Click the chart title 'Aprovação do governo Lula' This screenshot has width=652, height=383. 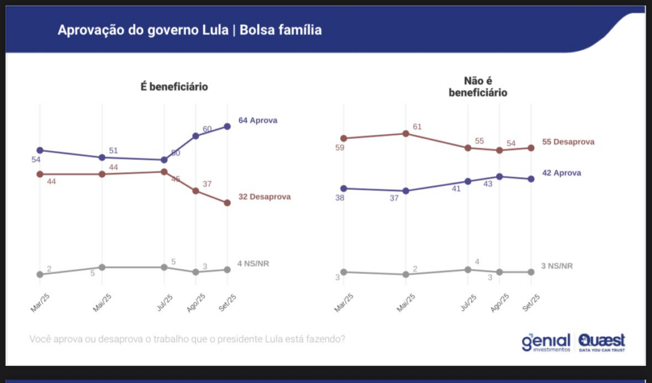tap(141, 30)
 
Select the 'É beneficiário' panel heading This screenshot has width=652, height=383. tap(174, 87)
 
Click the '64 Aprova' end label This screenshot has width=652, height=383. tap(258, 120)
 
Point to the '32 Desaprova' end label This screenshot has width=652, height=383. tap(264, 197)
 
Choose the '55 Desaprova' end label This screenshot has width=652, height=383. tap(568, 142)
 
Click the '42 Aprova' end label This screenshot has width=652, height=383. tap(562, 173)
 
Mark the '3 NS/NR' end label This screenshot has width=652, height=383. tap(557, 266)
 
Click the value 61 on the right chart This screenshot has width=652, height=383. tap(418, 126)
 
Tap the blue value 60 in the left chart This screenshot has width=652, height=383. tap(207, 129)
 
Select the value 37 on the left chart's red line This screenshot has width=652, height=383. tap(207, 184)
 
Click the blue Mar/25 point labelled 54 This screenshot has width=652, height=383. tap(39, 150)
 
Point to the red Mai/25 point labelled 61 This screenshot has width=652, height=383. tap(405, 134)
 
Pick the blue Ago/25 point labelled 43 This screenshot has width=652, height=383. tap(500, 177)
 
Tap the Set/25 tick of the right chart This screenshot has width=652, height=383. tap(530, 301)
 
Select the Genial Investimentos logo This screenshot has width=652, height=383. tap(546, 342)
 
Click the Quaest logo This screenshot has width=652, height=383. tap(602, 342)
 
